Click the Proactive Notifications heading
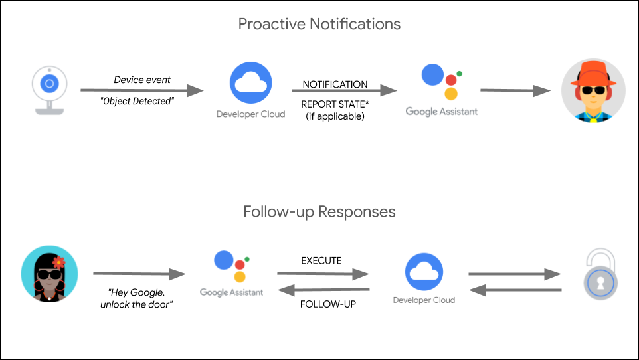point(319,25)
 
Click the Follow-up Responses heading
point(319,212)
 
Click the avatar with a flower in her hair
point(49,274)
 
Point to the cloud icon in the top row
point(250,84)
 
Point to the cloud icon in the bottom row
point(424,272)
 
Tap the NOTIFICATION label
point(335,84)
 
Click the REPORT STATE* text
point(335,104)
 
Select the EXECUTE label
point(321,260)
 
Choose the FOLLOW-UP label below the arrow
point(323,304)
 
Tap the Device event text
point(142,80)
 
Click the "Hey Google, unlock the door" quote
point(139,299)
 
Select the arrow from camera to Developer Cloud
point(141,90)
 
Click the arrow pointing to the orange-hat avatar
point(515,90)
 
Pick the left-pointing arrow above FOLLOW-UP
point(323,290)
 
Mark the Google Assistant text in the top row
point(441,112)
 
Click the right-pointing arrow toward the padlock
point(515,274)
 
